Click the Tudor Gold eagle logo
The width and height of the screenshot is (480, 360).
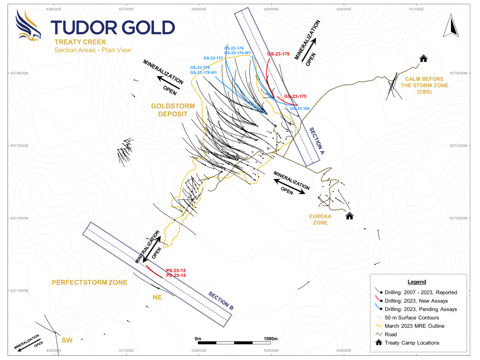tap(28, 26)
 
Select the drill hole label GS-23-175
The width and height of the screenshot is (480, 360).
tap(295, 97)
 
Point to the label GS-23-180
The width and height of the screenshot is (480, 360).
tap(300, 109)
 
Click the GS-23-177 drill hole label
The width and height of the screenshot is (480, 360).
tap(212, 58)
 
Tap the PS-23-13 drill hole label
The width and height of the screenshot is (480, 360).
tap(176, 270)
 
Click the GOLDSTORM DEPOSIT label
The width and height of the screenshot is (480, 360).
tap(169, 110)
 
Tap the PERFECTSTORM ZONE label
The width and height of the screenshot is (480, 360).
tap(90, 283)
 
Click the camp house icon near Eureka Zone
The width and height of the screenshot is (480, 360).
tap(349, 216)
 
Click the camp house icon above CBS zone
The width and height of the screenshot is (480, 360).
tap(423, 59)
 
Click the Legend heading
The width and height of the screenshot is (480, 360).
tap(416, 282)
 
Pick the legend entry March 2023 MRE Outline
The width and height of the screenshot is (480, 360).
tap(414, 326)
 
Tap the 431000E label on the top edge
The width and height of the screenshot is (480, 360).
tap(416, 9)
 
